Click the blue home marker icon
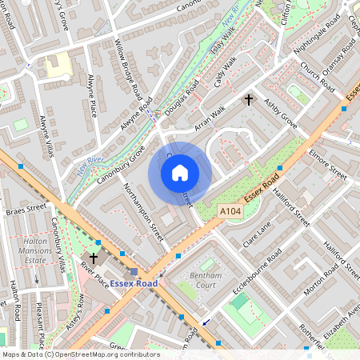180,173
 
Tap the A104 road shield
230,210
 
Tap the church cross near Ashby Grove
249,100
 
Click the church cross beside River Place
94,258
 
